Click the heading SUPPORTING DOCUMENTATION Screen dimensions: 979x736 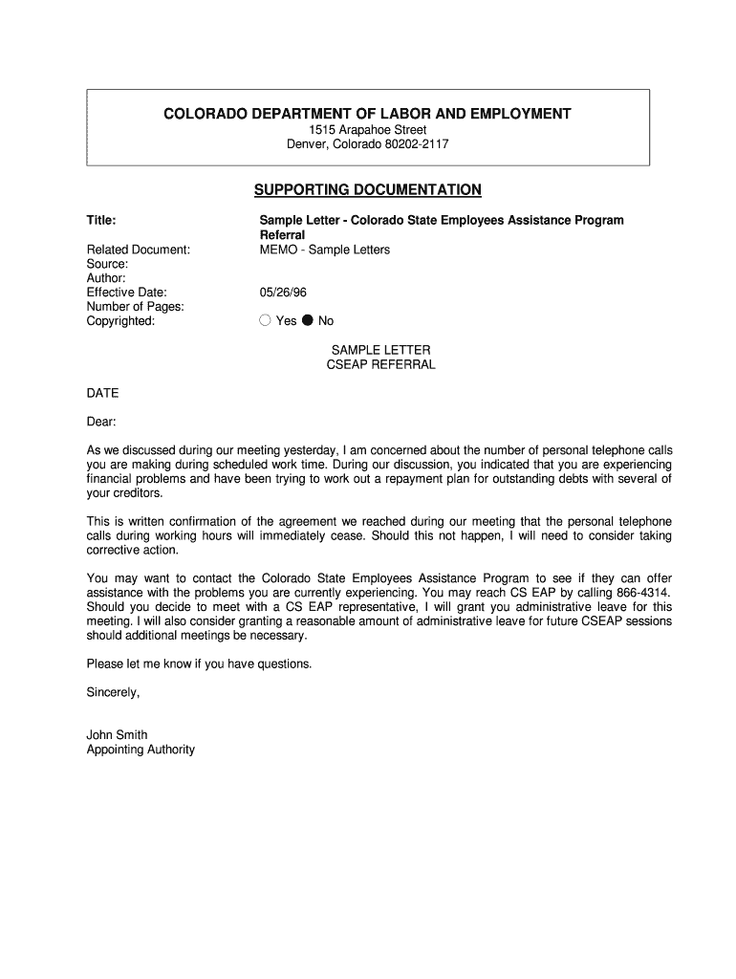pyautogui.click(x=368, y=189)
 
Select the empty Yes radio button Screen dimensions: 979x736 pyautogui.click(x=266, y=321)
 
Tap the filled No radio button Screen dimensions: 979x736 pyautogui.click(x=308, y=321)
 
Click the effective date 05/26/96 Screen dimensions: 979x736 pyautogui.click(x=283, y=293)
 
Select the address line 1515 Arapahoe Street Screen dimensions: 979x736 pyautogui.click(x=367, y=130)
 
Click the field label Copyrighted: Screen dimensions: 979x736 pyautogui.click(x=120, y=321)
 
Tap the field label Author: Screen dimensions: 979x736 pyautogui.click(x=106, y=278)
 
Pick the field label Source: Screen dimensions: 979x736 pyautogui.click(x=107, y=264)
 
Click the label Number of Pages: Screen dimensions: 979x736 pyautogui.click(x=135, y=307)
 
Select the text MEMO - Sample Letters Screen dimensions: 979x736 pyautogui.click(x=325, y=250)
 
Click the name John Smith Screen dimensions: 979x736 pyautogui.click(x=117, y=735)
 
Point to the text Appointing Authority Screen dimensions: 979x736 pyautogui.click(x=141, y=750)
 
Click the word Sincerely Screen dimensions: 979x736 pyautogui.click(x=113, y=692)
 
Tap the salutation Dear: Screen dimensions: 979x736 pyautogui.click(x=101, y=422)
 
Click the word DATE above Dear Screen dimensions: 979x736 pyautogui.click(x=102, y=393)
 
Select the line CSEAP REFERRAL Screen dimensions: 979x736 pyautogui.click(x=380, y=364)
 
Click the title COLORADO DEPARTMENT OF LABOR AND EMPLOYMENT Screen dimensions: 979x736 pyautogui.click(x=367, y=114)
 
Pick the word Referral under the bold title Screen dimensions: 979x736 pyautogui.click(x=282, y=235)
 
